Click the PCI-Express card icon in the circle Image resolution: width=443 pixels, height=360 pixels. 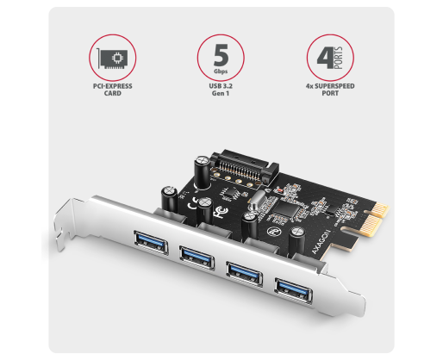[x=112, y=59]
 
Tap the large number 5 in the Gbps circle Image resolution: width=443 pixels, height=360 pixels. [x=221, y=55]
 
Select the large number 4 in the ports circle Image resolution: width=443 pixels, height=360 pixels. [x=325, y=58]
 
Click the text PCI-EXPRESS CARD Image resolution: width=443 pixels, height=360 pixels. [x=112, y=90]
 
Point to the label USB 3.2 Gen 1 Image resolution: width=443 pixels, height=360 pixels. [x=221, y=90]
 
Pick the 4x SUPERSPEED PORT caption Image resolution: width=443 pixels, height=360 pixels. [x=330, y=90]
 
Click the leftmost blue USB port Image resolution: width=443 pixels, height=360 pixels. [x=151, y=242]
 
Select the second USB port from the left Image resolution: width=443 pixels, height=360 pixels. [x=197, y=257]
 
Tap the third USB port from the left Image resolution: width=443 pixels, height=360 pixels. [x=245, y=273]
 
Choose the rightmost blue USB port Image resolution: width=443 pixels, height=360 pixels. [x=294, y=289]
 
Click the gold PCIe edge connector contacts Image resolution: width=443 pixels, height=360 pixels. [x=376, y=219]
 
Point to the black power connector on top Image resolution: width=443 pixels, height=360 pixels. [x=244, y=168]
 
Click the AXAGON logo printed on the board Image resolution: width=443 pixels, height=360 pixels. [x=321, y=242]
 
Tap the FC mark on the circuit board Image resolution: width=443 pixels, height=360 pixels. [x=221, y=213]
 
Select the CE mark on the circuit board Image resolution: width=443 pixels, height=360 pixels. [x=193, y=202]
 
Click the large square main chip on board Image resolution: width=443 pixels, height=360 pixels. [x=286, y=209]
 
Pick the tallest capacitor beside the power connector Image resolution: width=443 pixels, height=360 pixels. [x=203, y=172]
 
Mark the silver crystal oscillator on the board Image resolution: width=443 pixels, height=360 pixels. [x=257, y=200]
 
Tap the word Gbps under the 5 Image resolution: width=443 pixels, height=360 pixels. [x=221, y=71]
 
